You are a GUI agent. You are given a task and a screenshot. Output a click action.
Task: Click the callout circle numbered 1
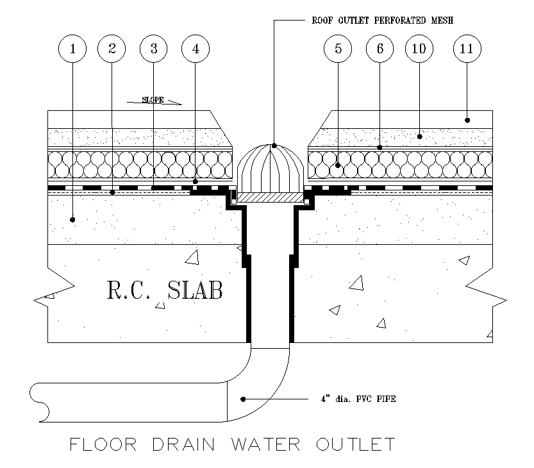pyautogui.click(x=73, y=48)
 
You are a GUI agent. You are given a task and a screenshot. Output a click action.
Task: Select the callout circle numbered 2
pyautogui.click(x=112, y=48)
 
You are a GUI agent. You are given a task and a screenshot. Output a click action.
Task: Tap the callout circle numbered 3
pyautogui.click(x=153, y=48)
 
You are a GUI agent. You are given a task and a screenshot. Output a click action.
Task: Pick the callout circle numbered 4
pyautogui.click(x=195, y=48)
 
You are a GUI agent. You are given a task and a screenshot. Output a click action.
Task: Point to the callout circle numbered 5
pyautogui.click(x=338, y=48)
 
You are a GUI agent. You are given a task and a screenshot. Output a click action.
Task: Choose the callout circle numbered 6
pyautogui.click(x=380, y=48)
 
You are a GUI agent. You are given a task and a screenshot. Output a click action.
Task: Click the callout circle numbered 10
pyautogui.click(x=420, y=48)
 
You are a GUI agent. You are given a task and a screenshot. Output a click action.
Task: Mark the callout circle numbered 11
pyautogui.click(x=467, y=48)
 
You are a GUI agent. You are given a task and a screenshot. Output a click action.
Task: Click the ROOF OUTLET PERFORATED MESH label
pyautogui.click(x=383, y=21)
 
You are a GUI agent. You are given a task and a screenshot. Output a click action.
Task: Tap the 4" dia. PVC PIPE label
pyautogui.click(x=358, y=399)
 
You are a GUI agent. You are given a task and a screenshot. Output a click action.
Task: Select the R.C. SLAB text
pyautogui.click(x=165, y=290)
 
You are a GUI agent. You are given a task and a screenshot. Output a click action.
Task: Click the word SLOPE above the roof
pyautogui.click(x=153, y=100)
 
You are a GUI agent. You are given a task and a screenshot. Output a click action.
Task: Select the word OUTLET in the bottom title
pyautogui.click(x=354, y=444)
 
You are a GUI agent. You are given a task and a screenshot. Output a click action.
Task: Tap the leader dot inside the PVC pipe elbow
pyautogui.click(x=243, y=399)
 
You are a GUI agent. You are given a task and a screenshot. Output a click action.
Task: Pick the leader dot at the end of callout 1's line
pyautogui.click(x=72, y=220)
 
